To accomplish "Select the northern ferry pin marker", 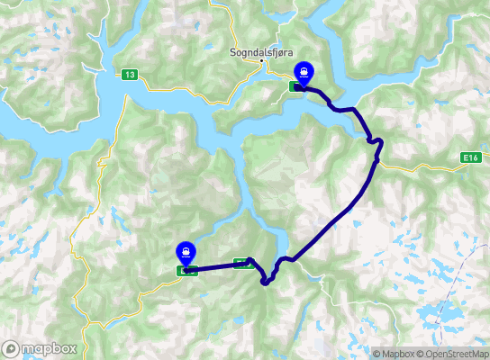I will [305, 71].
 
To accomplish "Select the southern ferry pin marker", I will [186, 253].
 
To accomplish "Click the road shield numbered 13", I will [132, 75].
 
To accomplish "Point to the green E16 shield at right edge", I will [467, 157].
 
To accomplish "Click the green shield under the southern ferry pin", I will [186, 270].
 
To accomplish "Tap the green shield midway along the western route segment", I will [241, 264].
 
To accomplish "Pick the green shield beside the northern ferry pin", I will [295, 86].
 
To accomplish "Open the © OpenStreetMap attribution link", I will [455, 354].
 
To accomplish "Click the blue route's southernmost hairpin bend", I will [266, 283].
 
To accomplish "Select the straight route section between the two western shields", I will [216, 266].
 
